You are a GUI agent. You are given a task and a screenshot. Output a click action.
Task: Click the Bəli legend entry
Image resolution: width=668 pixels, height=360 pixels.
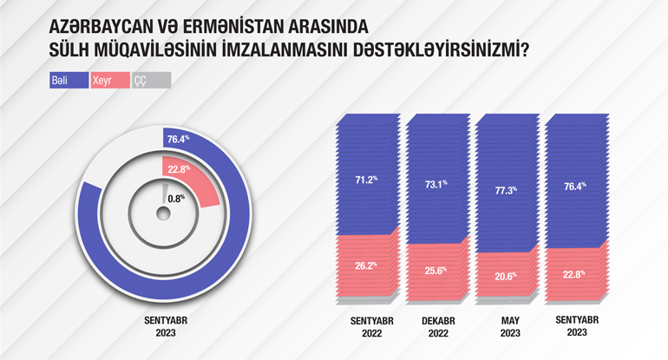point(69,80)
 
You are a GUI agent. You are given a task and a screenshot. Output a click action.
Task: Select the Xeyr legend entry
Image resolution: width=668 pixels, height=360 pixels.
point(110,80)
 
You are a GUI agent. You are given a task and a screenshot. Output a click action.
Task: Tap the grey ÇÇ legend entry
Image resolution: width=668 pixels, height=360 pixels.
point(151,80)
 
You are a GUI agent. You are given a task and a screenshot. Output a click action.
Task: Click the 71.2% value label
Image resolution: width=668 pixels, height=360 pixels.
point(366,180)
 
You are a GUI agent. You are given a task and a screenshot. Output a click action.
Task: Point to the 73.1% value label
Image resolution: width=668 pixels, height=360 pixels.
point(436,185)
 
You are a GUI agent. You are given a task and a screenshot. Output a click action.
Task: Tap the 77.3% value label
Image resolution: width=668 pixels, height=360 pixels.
point(506,191)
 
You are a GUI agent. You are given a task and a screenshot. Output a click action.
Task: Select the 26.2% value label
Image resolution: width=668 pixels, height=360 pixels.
point(366,265)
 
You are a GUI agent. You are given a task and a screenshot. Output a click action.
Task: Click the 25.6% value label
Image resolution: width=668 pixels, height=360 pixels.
point(436,271)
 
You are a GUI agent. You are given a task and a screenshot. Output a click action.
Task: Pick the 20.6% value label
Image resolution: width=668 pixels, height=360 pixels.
point(506,276)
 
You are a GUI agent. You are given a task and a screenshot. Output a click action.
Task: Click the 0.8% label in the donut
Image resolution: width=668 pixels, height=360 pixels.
point(176,199)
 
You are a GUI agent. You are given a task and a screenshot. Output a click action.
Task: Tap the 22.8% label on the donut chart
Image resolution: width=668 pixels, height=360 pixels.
point(179,169)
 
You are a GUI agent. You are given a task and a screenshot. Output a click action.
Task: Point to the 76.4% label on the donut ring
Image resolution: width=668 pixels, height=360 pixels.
point(178,140)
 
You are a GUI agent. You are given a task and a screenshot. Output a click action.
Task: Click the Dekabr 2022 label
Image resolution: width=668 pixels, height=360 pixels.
point(438,327)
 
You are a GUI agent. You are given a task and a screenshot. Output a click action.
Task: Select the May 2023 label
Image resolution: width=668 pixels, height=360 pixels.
point(510,327)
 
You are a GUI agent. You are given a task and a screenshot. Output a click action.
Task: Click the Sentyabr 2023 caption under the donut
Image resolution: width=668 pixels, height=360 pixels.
point(166,326)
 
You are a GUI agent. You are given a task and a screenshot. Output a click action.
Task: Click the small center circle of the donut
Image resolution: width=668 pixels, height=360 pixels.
point(163,214)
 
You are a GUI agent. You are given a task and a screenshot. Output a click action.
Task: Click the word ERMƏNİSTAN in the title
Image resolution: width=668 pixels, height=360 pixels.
point(233,27)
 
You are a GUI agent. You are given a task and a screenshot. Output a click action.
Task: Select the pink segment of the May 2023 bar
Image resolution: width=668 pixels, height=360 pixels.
point(507,275)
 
